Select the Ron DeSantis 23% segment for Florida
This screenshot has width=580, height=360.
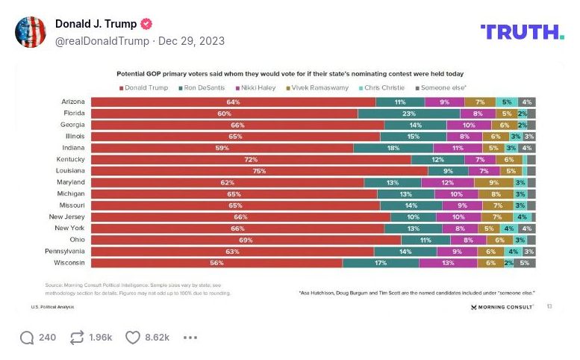tap(408, 114)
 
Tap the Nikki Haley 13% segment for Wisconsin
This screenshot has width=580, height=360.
tap(448, 263)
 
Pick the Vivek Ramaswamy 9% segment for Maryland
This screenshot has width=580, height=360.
tap(493, 181)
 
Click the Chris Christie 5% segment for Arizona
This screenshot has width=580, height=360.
tap(507, 102)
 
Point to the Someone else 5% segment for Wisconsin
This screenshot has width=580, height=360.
tap(525, 263)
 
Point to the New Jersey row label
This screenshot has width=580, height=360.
tap(68, 217)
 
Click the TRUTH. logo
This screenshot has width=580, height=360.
tap(522, 32)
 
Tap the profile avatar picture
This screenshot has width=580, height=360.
tap(30, 31)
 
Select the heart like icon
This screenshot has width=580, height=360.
tap(132, 338)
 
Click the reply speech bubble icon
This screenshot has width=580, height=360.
tap(27, 338)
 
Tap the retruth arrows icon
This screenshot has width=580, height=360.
tap(76, 338)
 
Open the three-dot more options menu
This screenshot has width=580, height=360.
tap(190, 338)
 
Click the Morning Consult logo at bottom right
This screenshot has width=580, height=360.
tap(502, 306)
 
